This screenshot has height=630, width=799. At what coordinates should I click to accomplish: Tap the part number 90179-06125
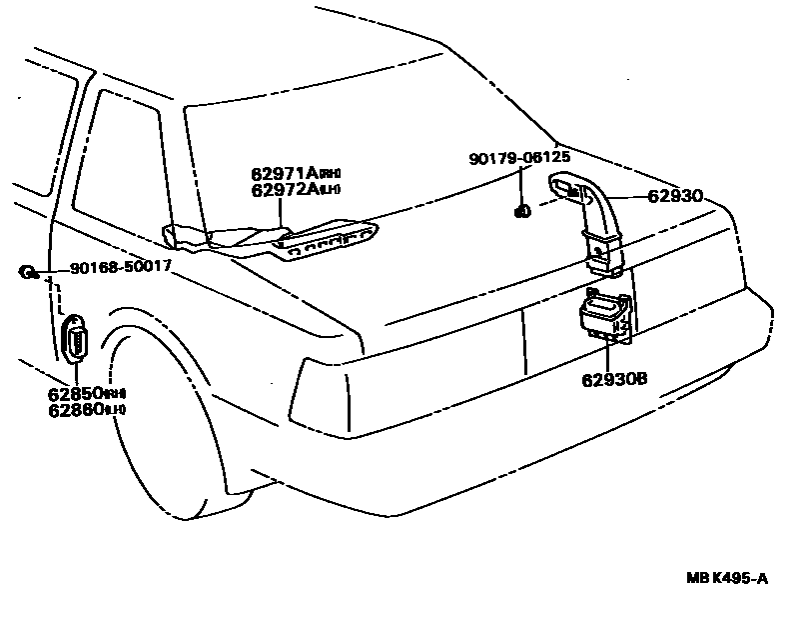tap(519, 158)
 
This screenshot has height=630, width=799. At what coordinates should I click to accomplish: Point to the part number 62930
tap(676, 197)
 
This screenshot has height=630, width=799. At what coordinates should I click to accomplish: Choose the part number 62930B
tap(615, 379)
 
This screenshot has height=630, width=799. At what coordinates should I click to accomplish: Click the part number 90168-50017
tap(120, 268)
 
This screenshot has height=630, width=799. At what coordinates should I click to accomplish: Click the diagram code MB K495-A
tap(727, 577)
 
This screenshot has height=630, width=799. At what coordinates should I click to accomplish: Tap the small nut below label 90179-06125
tap(520, 211)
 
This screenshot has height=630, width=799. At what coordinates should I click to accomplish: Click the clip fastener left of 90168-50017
tap(27, 271)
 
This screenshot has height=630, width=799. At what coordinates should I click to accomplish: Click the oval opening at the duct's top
tap(564, 186)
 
